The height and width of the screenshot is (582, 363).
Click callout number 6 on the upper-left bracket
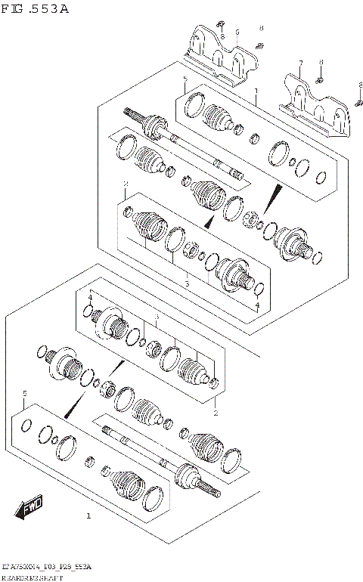point(237,33)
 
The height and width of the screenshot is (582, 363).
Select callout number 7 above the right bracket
point(300,63)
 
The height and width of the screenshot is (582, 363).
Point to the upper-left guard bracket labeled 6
point(219,57)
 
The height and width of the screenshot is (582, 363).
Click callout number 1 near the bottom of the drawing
point(88,516)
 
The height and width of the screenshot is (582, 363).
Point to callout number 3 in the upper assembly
point(186,284)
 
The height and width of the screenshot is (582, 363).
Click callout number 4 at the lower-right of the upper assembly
point(256,305)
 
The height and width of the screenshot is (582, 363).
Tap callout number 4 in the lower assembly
point(90,298)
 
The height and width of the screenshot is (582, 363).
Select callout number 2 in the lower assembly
point(216,413)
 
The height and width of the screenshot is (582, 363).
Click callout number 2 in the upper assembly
point(126,184)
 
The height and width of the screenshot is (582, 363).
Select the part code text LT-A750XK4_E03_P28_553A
point(45,566)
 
